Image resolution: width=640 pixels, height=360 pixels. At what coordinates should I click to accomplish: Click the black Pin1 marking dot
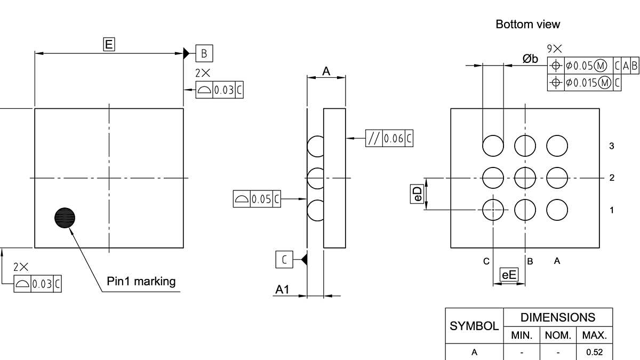[65, 217]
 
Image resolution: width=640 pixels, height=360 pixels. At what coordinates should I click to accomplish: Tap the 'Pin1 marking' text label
[141, 281]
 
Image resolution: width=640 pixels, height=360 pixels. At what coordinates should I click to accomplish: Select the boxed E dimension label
[109, 44]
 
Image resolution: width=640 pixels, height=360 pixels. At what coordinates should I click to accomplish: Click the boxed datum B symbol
[204, 53]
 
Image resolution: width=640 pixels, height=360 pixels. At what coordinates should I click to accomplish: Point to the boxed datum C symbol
[284, 260]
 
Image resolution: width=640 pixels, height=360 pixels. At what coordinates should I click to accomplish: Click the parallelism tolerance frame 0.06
[389, 138]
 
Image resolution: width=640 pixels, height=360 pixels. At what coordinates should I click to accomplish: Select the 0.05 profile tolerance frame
[257, 199]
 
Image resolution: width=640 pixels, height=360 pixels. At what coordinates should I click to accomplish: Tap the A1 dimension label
[282, 290]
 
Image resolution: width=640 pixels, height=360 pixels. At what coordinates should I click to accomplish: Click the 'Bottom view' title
[527, 24]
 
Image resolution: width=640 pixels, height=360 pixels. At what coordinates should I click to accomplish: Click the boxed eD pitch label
[418, 194]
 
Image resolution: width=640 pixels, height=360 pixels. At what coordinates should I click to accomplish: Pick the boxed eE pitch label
[509, 275]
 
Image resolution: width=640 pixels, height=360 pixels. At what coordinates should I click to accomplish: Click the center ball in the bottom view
[525, 178]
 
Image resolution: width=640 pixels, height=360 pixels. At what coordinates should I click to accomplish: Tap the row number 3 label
[611, 146]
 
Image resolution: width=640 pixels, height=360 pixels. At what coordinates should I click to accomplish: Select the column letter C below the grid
[486, 261]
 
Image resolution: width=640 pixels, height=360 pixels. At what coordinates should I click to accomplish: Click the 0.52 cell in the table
[594, 352]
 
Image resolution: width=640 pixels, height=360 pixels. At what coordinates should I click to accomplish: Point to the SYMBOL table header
[474, 326]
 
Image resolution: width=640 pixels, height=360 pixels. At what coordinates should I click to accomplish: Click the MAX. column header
[594, 335]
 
